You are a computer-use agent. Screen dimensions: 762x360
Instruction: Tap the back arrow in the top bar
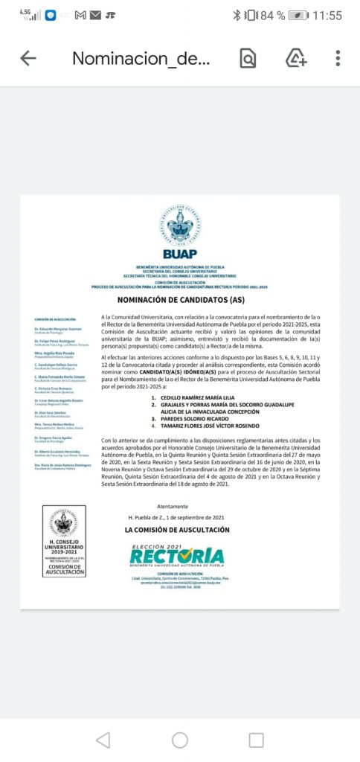(28, 59)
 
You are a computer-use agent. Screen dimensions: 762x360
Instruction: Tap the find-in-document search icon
(248, 59)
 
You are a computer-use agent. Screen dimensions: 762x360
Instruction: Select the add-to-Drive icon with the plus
(296, 59)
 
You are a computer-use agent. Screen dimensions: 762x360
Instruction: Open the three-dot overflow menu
(338, 59)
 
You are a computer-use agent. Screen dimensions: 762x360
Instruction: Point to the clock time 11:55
(327, 15)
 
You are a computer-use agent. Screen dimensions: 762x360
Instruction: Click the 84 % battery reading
(272, 15)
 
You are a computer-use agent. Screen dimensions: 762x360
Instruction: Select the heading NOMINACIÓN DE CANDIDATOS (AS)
(180, 300)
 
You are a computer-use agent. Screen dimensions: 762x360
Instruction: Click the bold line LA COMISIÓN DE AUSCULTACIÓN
(177, 530)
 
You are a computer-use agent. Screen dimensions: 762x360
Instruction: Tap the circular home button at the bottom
(180, 740)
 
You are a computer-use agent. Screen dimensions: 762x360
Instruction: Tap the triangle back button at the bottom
(103, 740)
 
